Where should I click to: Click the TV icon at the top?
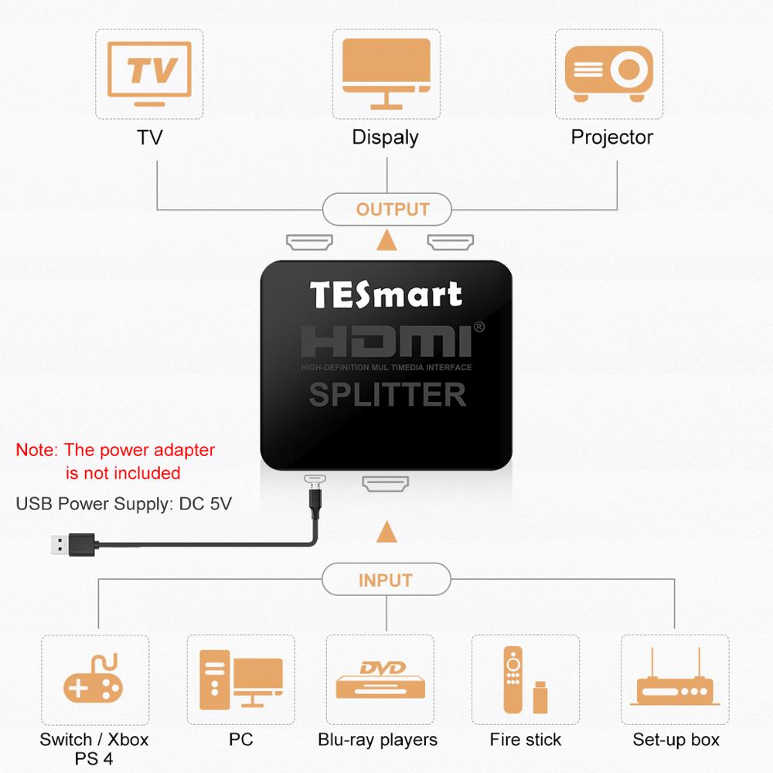pos(149,73)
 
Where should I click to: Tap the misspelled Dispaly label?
pos(385,138)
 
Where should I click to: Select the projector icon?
pos(609,73)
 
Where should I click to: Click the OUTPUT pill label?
pos(386,209)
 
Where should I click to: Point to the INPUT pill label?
pos(386,580)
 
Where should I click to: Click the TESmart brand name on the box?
pos(386,295)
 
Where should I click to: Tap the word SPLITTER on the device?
pos(387,395)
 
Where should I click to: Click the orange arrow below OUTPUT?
pos(386,242)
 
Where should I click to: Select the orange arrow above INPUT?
pos(386,532)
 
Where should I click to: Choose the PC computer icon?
pos(240,680)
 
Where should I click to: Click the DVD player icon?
pos(380,680)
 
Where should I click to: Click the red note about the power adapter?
pos(115,461)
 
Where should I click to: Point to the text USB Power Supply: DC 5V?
pos(124,504)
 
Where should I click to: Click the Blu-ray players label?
pos(378,740)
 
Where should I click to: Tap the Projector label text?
pos(611,138)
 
